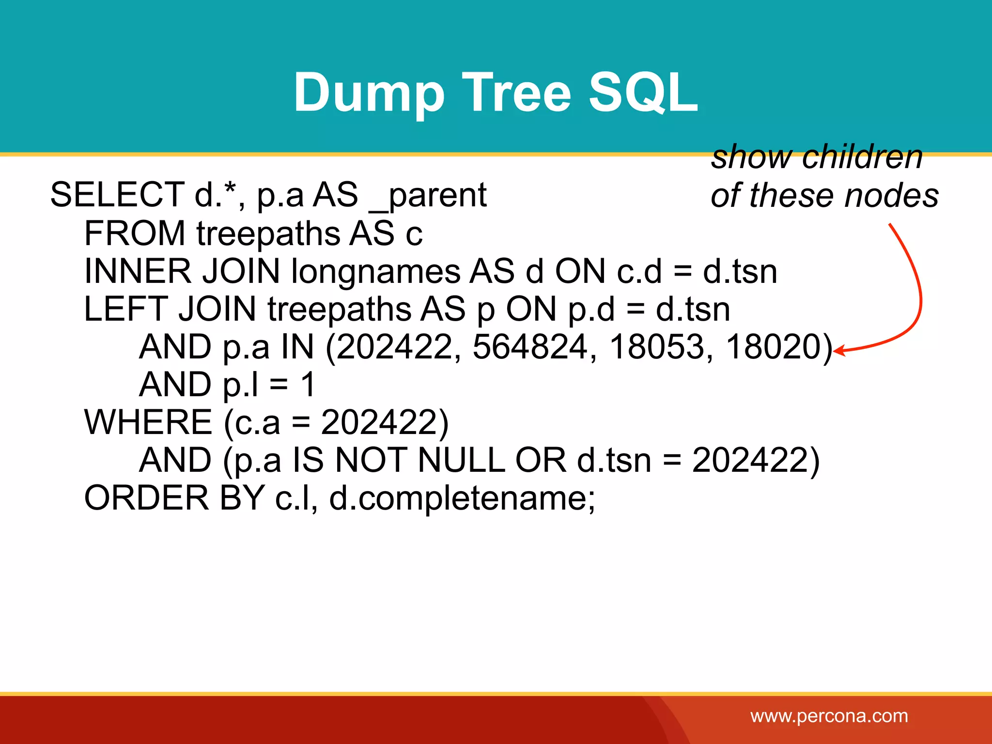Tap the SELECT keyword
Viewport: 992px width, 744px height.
point(117,195)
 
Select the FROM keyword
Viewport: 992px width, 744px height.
point(134,233)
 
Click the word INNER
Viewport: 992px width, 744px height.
point(138,271)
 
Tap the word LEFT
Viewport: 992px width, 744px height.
point(126,309)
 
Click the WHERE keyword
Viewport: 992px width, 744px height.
point(148,422)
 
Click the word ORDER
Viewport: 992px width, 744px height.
point(146,498)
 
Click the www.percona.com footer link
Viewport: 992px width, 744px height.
point(829,716)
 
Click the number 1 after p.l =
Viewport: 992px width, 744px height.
point(308,385)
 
